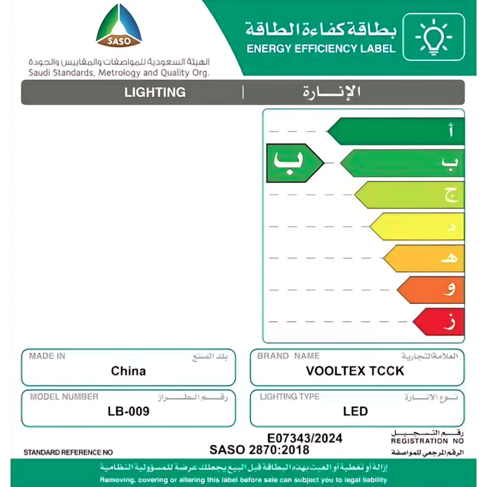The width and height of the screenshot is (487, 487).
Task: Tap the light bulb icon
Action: coord(433,37)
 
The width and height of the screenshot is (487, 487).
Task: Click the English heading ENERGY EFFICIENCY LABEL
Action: coord(321,49)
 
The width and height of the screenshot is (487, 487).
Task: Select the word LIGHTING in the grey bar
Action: coord(155,92)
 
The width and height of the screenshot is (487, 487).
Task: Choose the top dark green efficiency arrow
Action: coord(397,131)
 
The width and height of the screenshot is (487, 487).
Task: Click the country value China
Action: coord(128,371)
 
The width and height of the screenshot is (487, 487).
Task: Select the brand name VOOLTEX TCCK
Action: coord(355,371)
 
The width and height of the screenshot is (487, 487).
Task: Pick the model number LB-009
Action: coord(128,412)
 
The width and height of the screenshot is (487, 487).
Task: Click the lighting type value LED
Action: coord(355,412)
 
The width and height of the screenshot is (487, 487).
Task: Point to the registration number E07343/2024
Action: coord(305,438)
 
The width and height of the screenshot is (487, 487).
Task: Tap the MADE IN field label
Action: coord(47,356)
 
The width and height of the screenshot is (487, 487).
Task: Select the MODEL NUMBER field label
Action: coord(64,396)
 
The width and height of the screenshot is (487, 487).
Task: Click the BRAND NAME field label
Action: coord(288,356)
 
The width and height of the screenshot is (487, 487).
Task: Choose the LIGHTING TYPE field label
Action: coord(289,396)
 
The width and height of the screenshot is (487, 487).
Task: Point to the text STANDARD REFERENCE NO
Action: coord(68,452)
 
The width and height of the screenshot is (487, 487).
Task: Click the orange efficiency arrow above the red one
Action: coord(431,290)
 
